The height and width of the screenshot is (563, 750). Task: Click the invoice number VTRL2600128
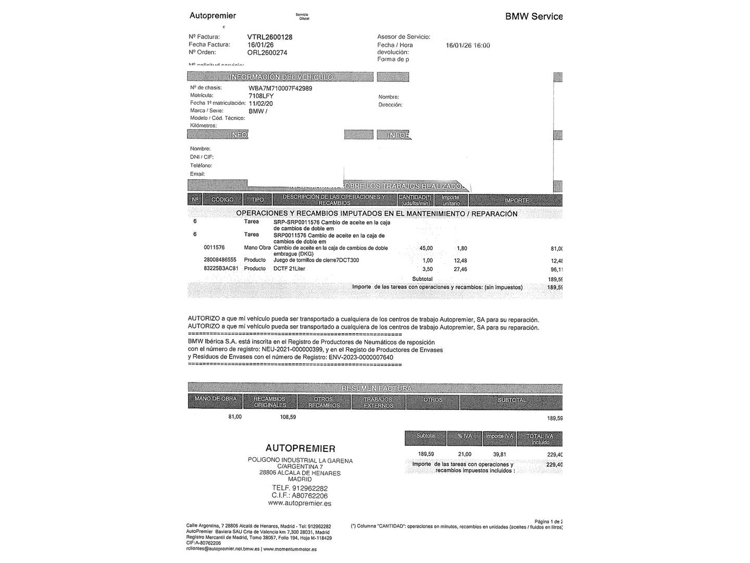269,37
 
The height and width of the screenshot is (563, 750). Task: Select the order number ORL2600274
267,53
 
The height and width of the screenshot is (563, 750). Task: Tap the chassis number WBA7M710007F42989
280,89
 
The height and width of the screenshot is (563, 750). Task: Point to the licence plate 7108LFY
261,96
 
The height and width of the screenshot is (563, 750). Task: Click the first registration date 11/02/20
260,104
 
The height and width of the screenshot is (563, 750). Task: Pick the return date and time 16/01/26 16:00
468,45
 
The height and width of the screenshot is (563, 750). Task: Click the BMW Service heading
533,16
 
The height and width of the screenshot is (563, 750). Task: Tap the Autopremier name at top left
213,16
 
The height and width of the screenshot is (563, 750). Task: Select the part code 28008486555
220,260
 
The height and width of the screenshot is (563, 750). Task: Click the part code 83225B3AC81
221,268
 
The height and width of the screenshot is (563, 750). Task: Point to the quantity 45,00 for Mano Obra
426,248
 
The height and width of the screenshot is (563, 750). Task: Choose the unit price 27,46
460,270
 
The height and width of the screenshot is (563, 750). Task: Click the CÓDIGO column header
222,200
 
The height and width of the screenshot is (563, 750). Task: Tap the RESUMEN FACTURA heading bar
376,388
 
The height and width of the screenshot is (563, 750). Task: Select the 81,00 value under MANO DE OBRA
234,417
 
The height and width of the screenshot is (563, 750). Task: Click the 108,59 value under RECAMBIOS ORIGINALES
287,417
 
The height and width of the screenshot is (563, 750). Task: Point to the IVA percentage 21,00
464,454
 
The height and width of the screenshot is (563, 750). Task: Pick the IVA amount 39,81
499,454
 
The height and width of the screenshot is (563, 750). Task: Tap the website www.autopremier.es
299,503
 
